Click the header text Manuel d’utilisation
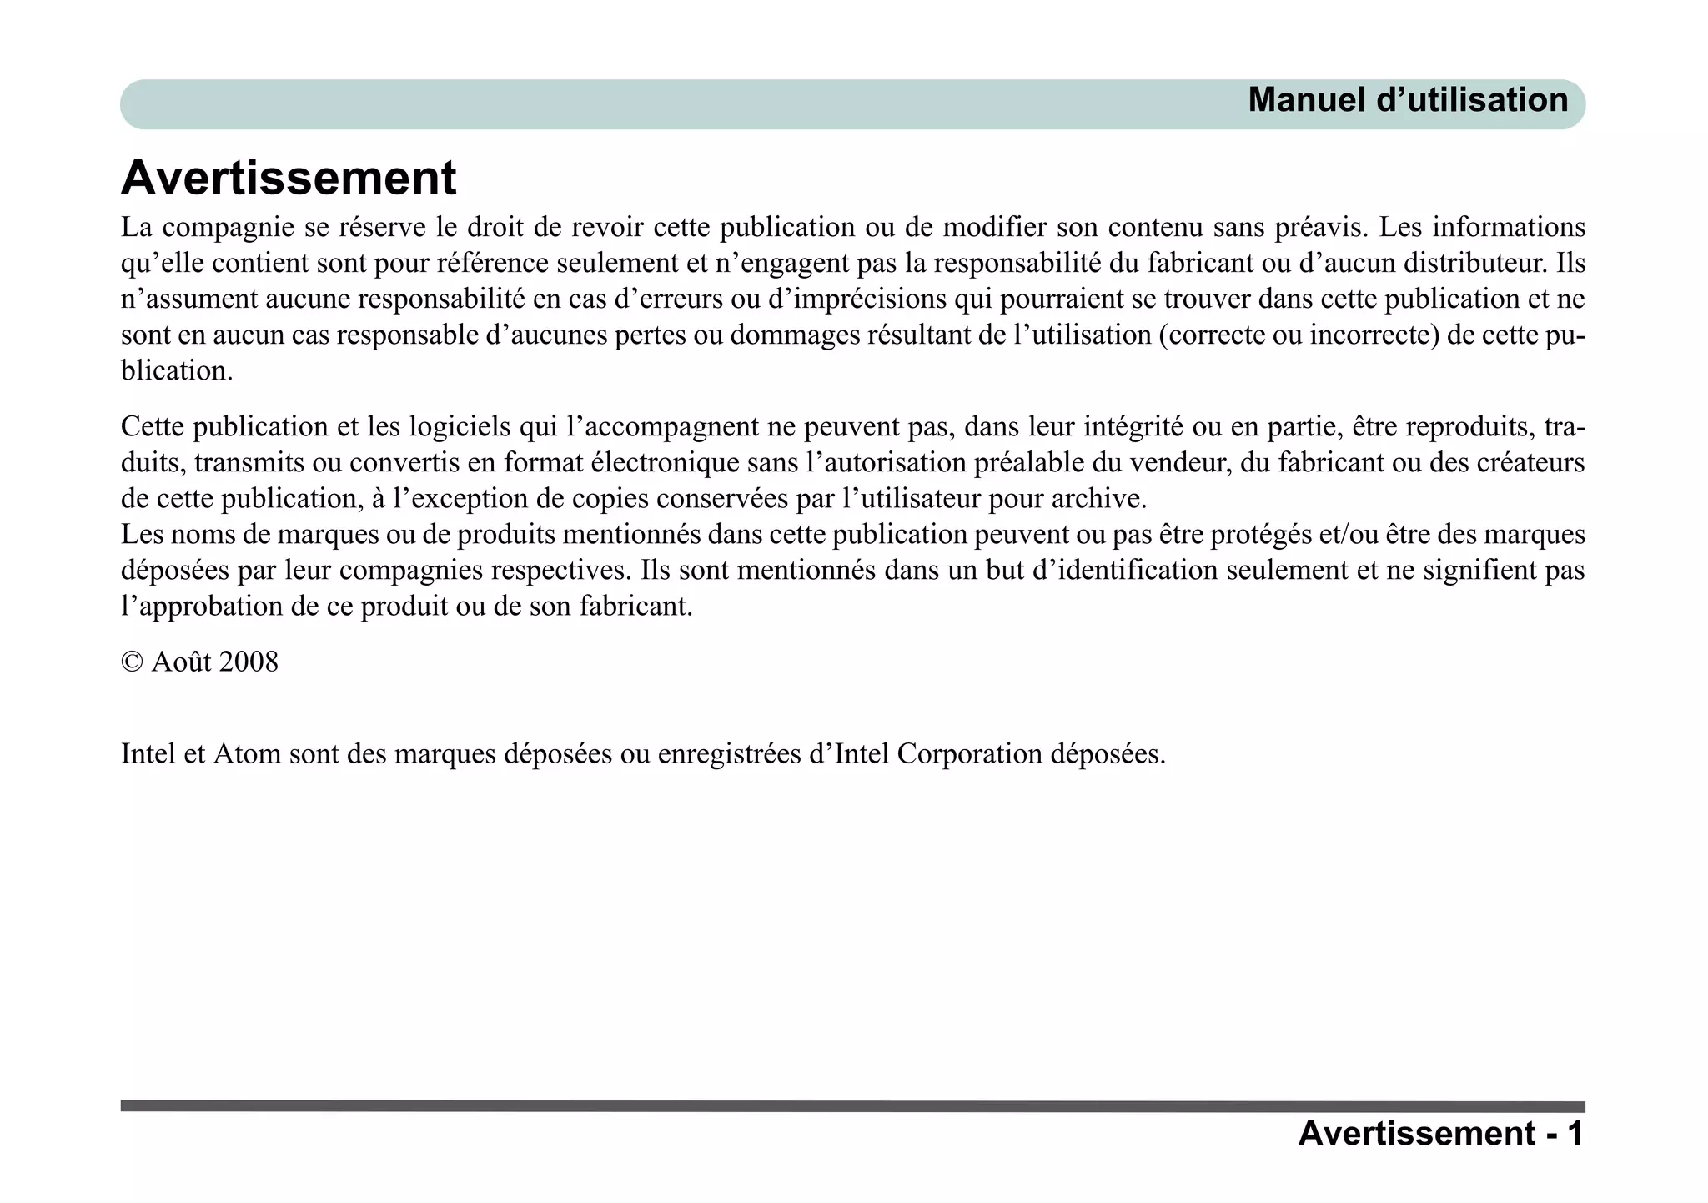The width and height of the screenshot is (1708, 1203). click(x=1408, y=101)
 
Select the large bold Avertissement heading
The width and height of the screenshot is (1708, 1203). click(x=289, y=178)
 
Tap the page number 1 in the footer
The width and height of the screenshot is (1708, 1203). click(x=1574, y=1134)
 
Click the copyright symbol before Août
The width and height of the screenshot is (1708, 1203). click(x=132, y=662)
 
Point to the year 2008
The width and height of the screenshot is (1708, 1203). click(x=247, y=662)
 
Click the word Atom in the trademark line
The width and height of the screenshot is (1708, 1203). click(x=247, y=754)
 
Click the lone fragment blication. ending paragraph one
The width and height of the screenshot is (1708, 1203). click(x=177, y=371)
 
